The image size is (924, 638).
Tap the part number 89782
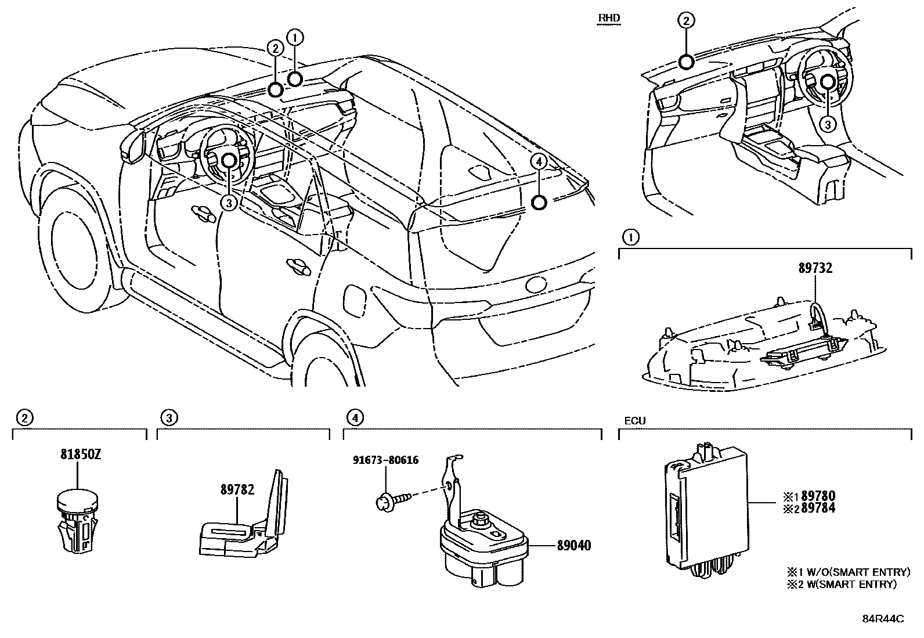237,489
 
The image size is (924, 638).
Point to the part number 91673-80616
386,461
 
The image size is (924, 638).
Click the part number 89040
574,546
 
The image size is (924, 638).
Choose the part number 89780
817,496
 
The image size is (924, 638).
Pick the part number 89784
817,508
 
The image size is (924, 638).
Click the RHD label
609,18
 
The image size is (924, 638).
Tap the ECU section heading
635,421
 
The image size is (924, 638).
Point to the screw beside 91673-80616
395,498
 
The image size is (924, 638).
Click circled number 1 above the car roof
295,38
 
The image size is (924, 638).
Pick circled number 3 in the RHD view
828,124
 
